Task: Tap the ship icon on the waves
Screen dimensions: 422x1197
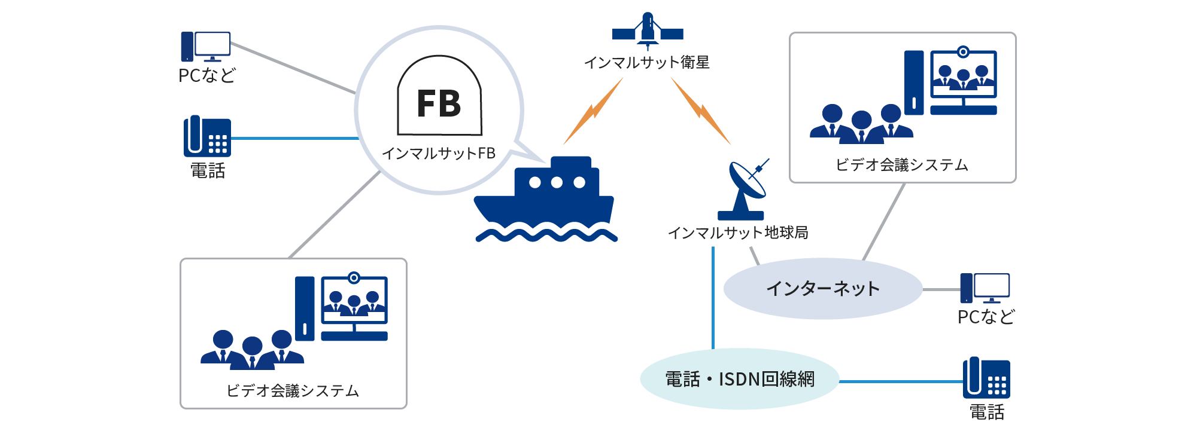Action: point(545,197)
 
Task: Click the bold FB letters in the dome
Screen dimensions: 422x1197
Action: point(439,103)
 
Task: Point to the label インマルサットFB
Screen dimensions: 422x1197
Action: point(439,154)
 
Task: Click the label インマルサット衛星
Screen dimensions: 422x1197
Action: point(646,62)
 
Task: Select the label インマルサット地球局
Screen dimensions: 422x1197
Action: point(738,233)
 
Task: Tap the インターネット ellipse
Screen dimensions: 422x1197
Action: point(823,289)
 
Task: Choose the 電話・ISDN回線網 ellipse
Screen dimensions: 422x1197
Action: point(740,379)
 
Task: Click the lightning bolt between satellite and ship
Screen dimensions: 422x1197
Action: point(593,112)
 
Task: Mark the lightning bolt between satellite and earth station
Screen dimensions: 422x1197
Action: point(701,112)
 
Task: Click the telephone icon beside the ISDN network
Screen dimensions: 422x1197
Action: point(986,378)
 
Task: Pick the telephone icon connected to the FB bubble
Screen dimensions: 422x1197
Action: point(207,137)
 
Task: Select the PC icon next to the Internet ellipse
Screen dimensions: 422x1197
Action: point(985,288)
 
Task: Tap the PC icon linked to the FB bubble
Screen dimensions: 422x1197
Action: point(206,47)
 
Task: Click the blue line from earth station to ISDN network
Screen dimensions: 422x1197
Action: point(713,299)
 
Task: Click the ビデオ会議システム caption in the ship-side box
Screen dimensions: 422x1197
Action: point(293,391)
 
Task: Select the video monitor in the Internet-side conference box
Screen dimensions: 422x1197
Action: point(964,81)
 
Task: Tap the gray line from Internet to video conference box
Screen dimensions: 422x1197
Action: point(883,222)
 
